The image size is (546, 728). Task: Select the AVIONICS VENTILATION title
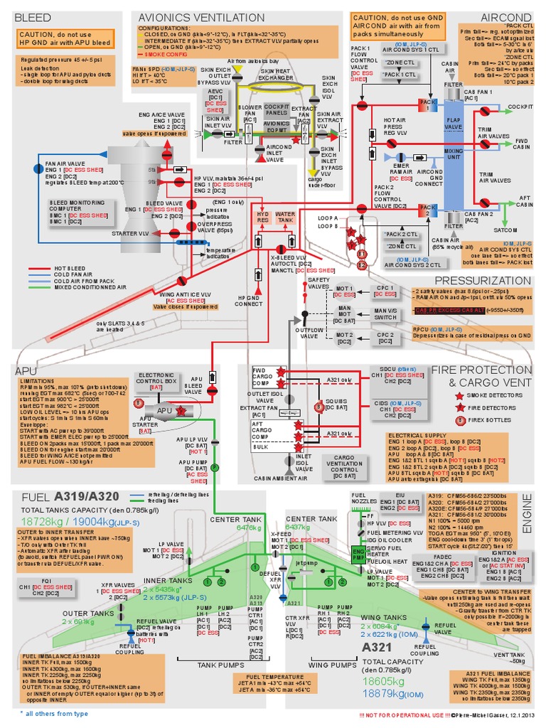(191, 16)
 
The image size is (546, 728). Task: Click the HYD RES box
(263, 218)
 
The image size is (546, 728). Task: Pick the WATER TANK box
(286, 218)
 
